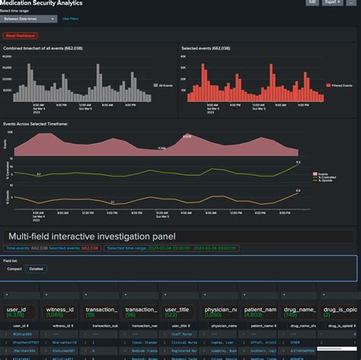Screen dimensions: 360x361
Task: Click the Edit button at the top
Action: pyautogui.click(x=312, y=2)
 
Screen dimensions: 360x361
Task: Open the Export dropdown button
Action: pyautogui.click(x=333, y=2)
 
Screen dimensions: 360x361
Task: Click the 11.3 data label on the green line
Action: pyautogui.click(x=298, y=162)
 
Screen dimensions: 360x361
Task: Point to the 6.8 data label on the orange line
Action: pyautogui.click(x=298, y=190)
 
